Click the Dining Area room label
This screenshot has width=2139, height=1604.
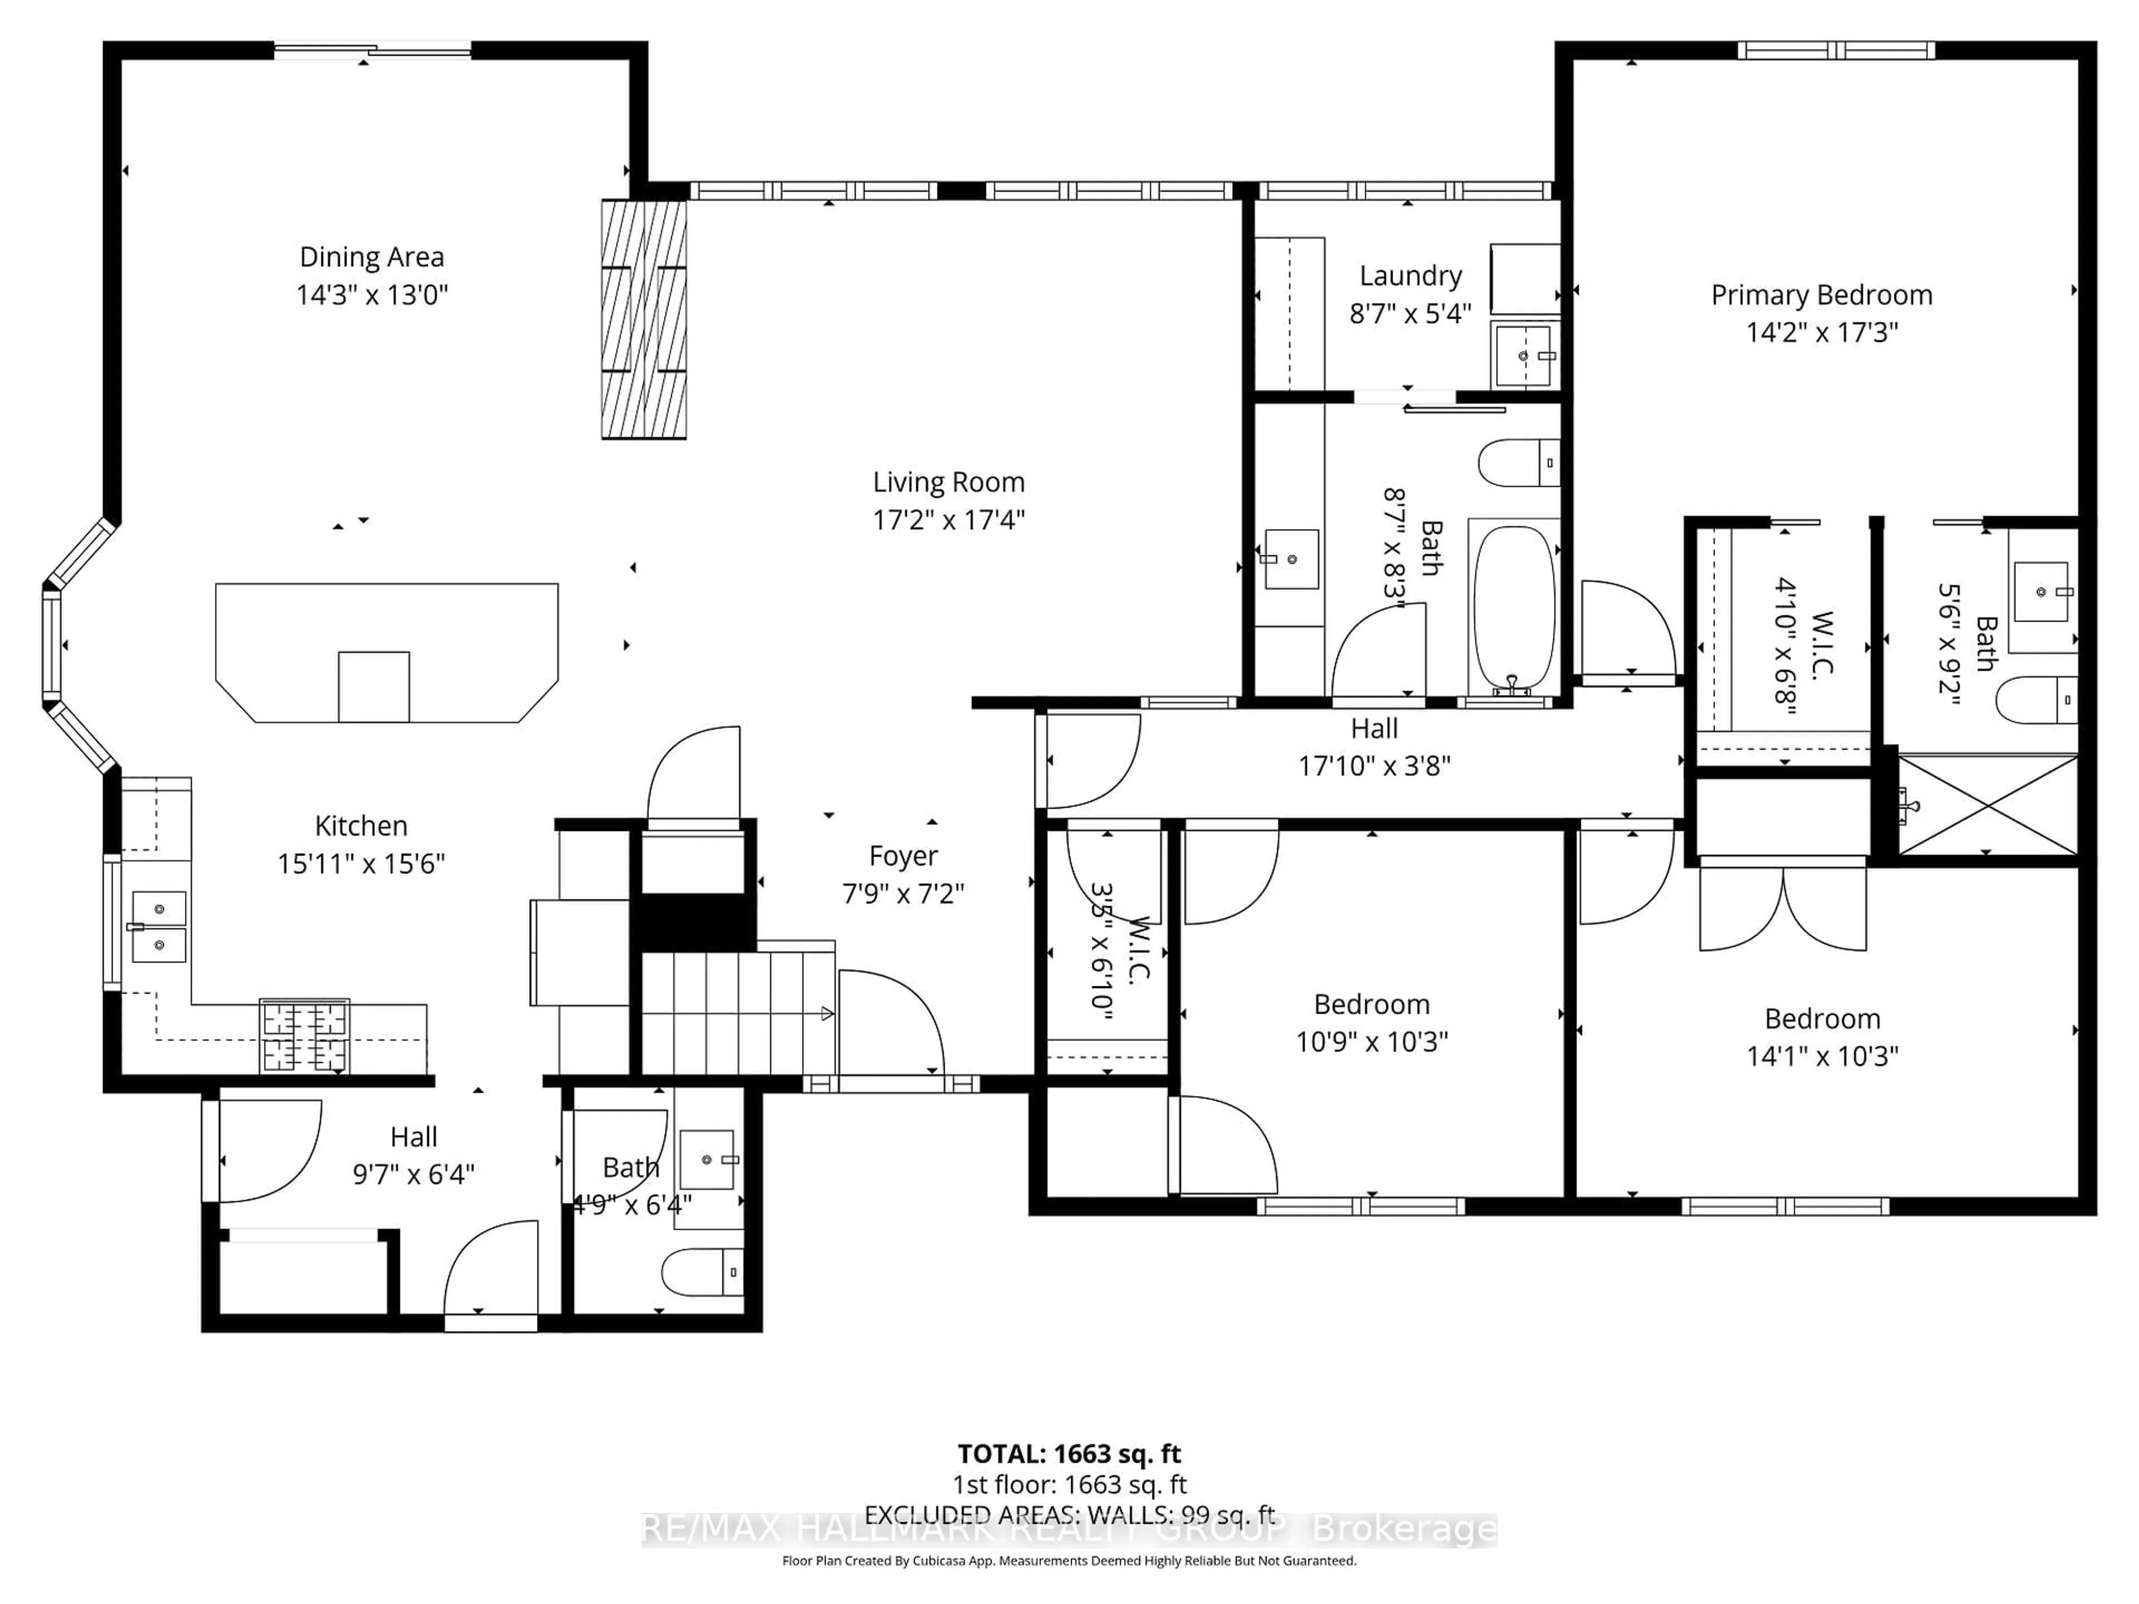372,257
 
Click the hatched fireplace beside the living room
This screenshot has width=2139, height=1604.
644,319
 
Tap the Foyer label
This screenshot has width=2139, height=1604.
902,855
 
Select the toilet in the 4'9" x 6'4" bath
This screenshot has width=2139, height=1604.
702,1272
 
